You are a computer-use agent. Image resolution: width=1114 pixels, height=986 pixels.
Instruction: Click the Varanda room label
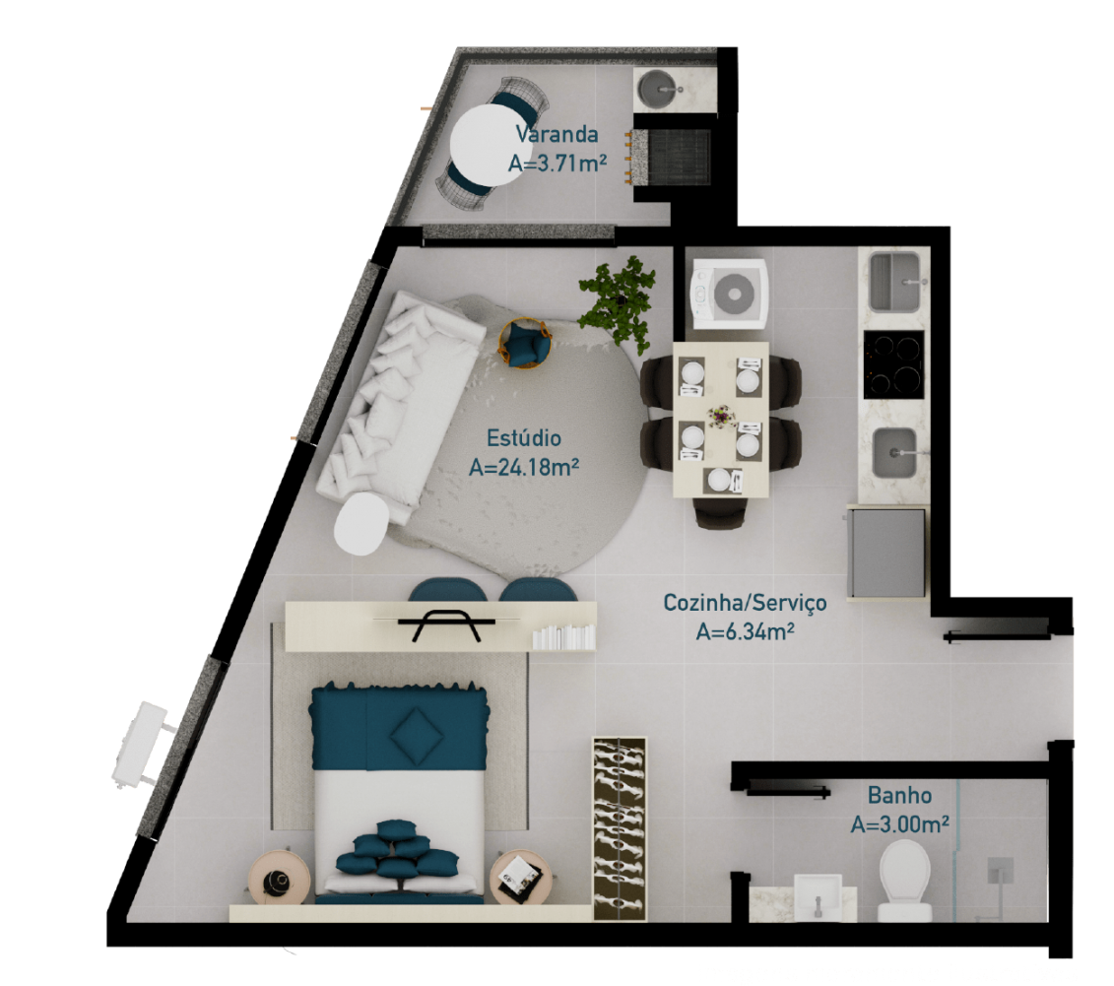tap(557, 135)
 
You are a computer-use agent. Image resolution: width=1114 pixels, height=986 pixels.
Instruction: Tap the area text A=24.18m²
tap(523, 467)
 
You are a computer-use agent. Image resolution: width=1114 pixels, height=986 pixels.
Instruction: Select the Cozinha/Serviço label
tap(745, 602)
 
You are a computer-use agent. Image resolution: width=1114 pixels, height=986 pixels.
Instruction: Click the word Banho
tap(899, 794)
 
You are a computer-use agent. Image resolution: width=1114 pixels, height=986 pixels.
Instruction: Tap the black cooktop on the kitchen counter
tap(894, 363)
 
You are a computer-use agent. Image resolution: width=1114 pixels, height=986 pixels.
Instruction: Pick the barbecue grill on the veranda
tap(677, 156)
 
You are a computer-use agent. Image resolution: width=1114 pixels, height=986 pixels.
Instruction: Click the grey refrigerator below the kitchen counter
tap(887, 553)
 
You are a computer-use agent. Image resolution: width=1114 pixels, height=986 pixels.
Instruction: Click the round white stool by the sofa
tap(362, 524)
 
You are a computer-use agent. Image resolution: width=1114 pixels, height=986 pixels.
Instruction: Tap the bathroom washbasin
tap(817, 897)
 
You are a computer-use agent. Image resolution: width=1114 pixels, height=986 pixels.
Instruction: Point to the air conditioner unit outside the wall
tap(137, 743)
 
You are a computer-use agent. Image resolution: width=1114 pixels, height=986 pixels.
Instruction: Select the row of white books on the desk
tap(563, 637)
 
